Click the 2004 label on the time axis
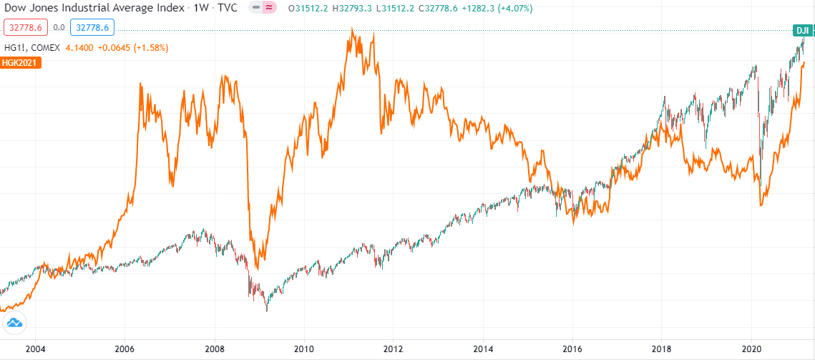[35, 349]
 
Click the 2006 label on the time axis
[125, 349]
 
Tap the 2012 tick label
[394, 349]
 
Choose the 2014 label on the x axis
[483, 349]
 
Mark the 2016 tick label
[572, 349]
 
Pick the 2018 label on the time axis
[662, 349]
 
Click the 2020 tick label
[751, 349]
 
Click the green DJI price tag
[803, 30]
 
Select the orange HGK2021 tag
[21, 62]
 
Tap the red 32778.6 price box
[26, 28]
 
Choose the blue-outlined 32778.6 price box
[92, 28]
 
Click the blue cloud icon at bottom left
[15, 323]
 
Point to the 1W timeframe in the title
[201, 9]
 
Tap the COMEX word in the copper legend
[44, 47]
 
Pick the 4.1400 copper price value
[79, 47]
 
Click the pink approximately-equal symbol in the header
[269, 9]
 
